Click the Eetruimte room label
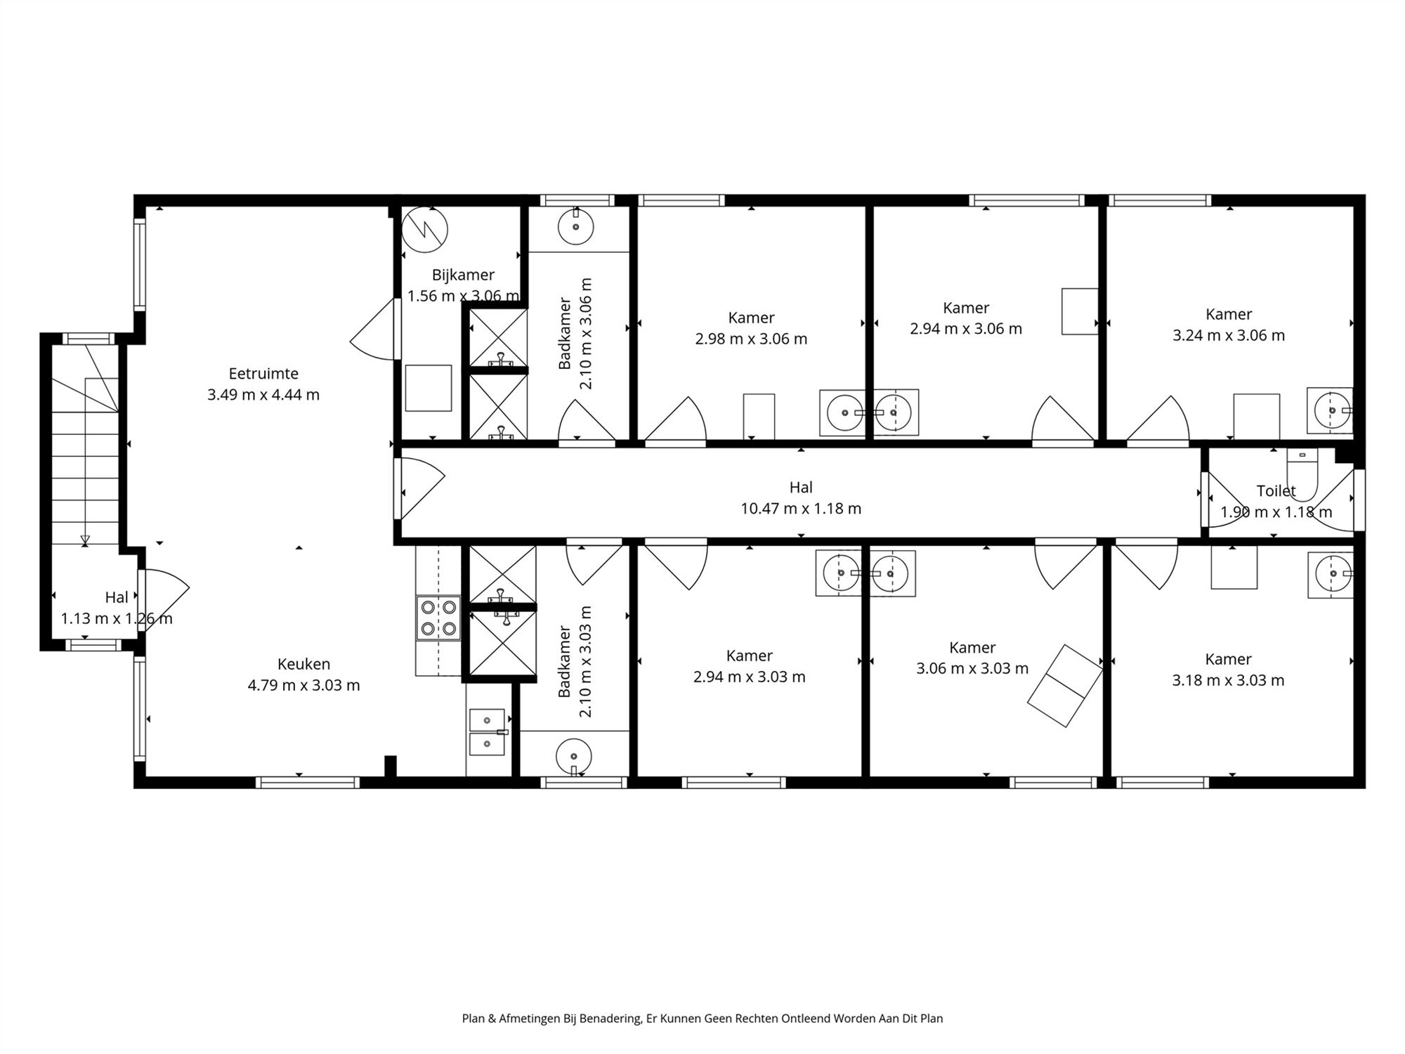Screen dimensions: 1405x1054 click(263, 374)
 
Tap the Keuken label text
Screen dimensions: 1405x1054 click(303, 664)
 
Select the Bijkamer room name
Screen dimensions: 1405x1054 click(463, 275)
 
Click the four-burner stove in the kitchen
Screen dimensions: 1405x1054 click(438, 618)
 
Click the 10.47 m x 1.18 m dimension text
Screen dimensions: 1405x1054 click(801, 508)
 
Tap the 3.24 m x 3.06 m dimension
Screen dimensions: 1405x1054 click(1229, 335)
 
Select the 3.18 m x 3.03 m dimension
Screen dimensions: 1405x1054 click(1228, 680)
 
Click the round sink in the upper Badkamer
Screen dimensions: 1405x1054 click(576, 226)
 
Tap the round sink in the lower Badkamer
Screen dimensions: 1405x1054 click(574, 757)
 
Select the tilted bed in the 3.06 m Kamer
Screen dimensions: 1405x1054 click(1065, 685)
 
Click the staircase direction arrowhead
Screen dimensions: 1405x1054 click(85, 540)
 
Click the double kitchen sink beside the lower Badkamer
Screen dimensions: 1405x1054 click(488, 731)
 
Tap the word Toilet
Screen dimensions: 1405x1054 click(1276, 490)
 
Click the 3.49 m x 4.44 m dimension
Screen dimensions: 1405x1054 click(263, 395)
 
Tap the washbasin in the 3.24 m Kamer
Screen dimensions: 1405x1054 click(1330, 410)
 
